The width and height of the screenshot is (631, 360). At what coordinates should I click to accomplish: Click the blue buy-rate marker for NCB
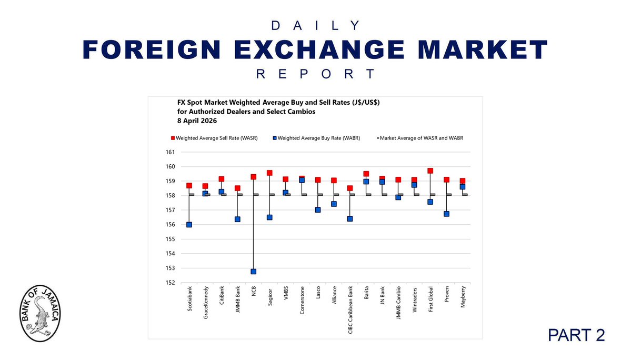coord(253,272)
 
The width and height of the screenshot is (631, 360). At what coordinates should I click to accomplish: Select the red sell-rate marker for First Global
coord(430,171)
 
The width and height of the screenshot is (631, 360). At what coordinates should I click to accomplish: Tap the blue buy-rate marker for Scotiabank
coord(189,225)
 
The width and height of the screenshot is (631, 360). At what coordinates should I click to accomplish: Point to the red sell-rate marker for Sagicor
coord(269,173)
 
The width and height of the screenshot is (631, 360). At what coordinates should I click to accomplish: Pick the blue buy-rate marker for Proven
coord(446,214)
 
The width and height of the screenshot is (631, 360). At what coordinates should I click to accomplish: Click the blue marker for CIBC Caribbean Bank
coord(349,219)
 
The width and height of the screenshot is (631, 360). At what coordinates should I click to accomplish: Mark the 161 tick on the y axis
coord(170,153)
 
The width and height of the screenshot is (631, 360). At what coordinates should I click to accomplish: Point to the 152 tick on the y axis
coord(170,283)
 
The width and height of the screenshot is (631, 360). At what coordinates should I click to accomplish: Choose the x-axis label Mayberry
coord(462,300)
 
